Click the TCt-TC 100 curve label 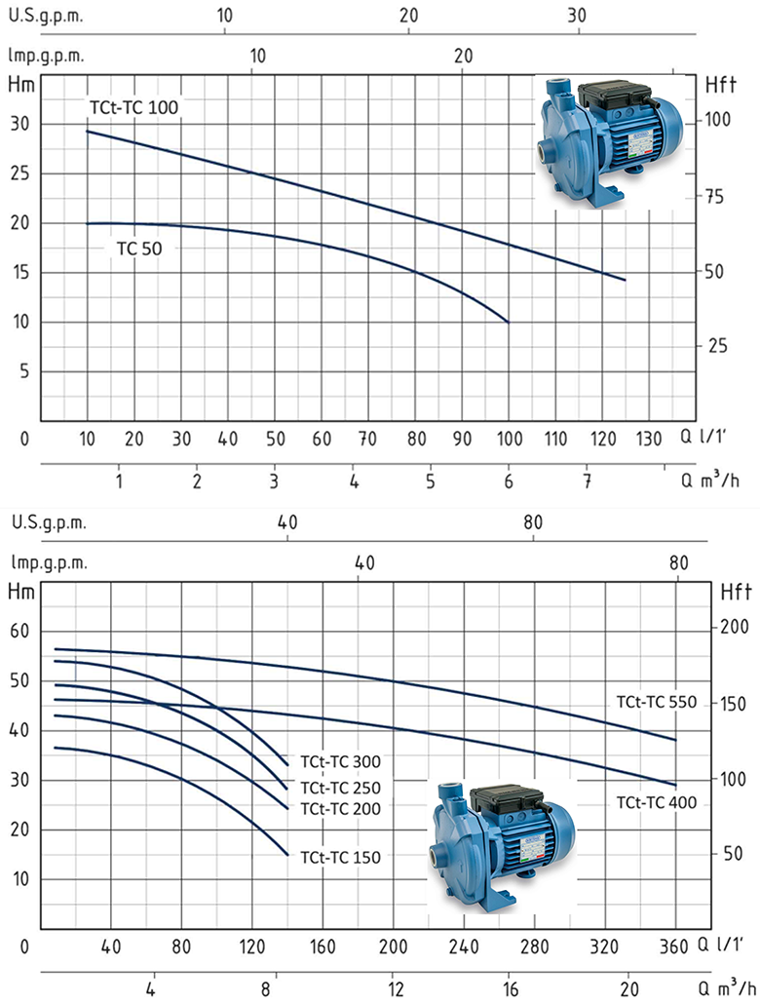tap(133, 107)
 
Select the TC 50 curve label tap(139, 249)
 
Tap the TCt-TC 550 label tap(657, 702)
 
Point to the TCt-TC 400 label tap(657, 802)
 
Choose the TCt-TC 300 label tap(341, 761)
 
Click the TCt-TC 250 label tap(341, 788)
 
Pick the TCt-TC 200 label tap(341, 809)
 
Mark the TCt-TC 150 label tap(341, 857)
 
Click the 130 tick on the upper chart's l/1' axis tap(649, 439)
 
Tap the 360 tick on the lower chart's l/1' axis tap(673, 946)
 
